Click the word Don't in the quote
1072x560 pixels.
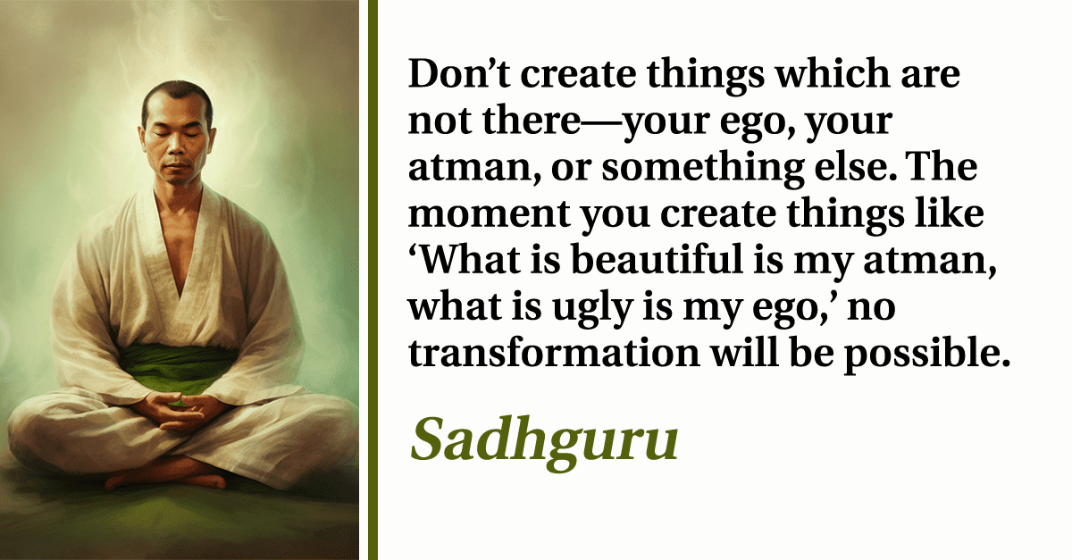[x=459, y=73]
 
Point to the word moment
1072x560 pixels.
[x=490, y=214]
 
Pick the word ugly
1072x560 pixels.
[x=592, y=309]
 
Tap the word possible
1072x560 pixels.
[x=927, y=355]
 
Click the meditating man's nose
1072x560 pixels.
[x=177, y=144]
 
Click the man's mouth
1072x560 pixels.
[x=175, y=166]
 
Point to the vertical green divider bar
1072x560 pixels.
[x=373, y=280]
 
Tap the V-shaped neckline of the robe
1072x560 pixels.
[x=180, y=249]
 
